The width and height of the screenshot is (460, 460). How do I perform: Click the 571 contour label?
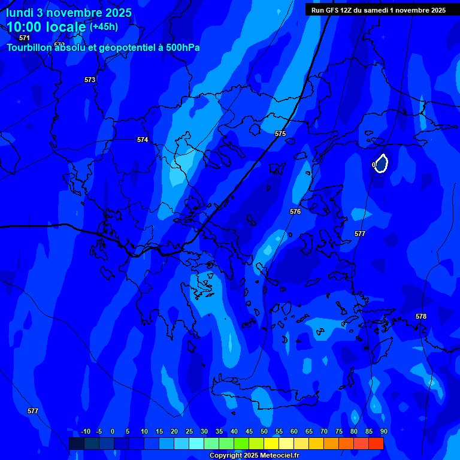point(25,38)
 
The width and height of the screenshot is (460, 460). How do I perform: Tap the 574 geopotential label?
point(143,140)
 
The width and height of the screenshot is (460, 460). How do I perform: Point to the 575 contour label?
point(280,134)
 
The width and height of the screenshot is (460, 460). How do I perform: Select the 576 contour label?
point(295,211)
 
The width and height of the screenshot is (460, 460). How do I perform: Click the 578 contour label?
point(421,316)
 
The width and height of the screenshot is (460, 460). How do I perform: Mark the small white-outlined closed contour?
point(381,163)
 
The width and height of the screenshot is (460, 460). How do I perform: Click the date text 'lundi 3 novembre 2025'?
point(69,13)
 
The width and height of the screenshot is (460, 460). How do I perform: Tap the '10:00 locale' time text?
point(46,27)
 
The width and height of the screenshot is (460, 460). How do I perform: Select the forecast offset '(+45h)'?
point(104,27)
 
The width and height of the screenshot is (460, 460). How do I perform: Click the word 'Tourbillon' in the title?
point(29,48)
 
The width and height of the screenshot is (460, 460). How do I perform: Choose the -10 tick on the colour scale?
point(85,431)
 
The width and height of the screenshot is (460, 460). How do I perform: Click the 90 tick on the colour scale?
point(383,431)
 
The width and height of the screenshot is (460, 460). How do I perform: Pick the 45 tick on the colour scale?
point(249,431)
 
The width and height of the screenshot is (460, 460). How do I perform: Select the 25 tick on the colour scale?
point(189,431)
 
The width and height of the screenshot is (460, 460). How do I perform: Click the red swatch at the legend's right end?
point(376,443)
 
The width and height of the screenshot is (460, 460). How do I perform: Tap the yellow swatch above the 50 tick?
point(271,443)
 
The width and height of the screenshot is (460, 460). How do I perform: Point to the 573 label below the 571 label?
point(90,80)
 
